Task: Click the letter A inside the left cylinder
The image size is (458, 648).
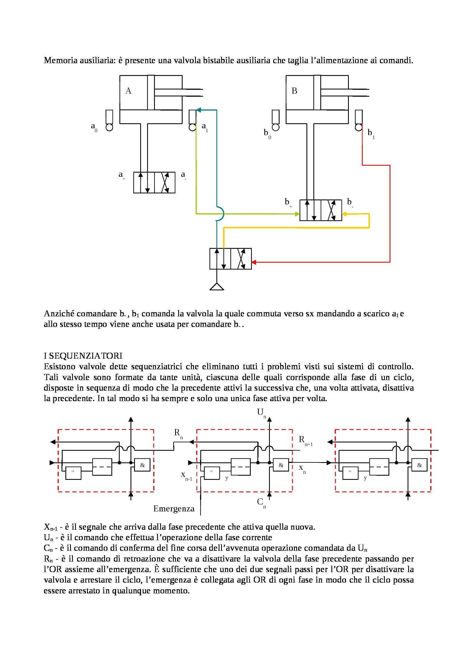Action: tap(128, 91)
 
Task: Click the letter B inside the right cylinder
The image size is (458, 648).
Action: tap(294, 91)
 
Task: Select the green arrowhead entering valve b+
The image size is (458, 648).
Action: tap(297, 214)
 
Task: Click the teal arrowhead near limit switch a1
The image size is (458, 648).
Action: tap(198, 110)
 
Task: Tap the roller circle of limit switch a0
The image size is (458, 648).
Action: tap(109, 127)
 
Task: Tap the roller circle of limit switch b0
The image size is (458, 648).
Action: tap(275, 127)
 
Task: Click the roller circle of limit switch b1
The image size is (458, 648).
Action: tap(359, 127)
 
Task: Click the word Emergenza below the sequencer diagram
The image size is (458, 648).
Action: tap(174, 509)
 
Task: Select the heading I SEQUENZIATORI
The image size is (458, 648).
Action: tap(83, 356)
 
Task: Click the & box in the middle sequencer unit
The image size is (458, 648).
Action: tap(281, 465)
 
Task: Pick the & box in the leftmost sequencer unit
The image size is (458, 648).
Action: tap(142, 465)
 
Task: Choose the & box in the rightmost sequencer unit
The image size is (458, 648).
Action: tap(419, 465)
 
